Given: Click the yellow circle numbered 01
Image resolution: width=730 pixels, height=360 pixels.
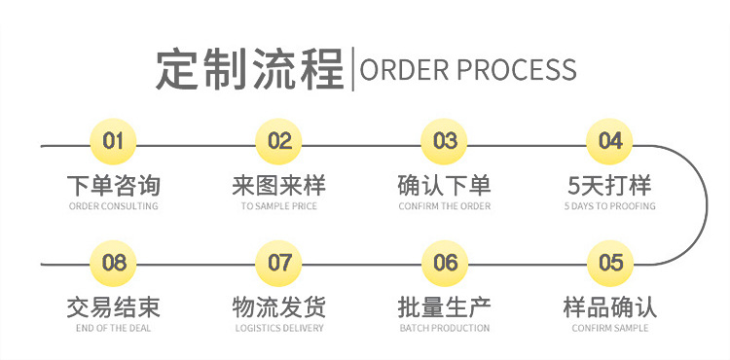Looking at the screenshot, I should tap(114, 142).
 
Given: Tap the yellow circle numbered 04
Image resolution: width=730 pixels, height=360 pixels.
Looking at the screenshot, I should tap(610, 142).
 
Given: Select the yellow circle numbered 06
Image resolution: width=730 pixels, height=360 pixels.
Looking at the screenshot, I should tap(445, 263).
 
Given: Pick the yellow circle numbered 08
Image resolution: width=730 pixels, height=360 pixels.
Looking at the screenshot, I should tap(114, 263).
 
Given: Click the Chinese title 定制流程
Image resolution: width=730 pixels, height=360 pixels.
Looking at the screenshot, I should tap(249, 69).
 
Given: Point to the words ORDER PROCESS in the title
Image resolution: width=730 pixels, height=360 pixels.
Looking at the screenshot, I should tap(468, 70).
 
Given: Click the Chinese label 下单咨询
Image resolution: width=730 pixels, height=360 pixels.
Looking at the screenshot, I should tap(114, 185).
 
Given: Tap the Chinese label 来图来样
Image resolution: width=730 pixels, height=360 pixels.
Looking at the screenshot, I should tap(279, 185).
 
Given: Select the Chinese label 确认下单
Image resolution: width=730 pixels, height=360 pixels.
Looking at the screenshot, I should tap(445, 185).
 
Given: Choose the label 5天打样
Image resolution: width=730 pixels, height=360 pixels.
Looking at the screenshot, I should tap(610, 185).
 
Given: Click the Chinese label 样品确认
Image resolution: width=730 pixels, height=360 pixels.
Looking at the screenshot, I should tap(610, 307).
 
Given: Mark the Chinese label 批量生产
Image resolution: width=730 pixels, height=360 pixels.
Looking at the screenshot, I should tap(445, 307).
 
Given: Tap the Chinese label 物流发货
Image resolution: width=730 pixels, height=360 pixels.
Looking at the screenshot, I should tap(279, 307).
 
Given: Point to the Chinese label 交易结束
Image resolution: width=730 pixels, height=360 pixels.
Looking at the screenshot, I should tap(114, 307).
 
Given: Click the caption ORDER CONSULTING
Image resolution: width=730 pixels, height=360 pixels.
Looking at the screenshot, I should tap(114, 206).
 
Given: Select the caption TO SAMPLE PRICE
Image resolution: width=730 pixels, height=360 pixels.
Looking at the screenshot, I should tap(279, 206).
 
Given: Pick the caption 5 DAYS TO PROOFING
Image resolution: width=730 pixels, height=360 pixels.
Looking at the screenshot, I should tap(610, 206).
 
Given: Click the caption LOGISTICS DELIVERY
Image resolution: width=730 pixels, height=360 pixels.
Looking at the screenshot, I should tap(279, 329).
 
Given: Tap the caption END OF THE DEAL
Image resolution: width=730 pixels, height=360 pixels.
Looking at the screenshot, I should tap(114, 329).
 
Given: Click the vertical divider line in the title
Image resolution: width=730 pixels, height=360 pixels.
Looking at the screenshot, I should tap(352, 69).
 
